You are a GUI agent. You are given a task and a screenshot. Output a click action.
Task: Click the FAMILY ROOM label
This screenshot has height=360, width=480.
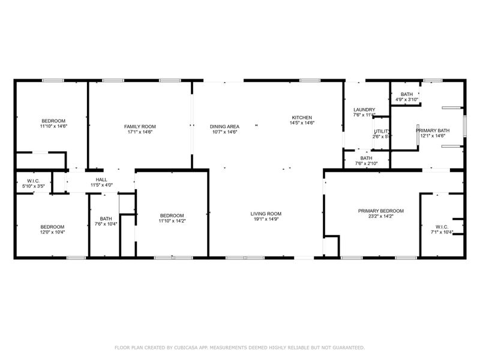pyautogui.click(x=140, y=126)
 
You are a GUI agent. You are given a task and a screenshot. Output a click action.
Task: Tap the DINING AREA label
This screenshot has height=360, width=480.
pyautogui.click(x=224, y=126)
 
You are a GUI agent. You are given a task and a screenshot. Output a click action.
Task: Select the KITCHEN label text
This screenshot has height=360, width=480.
pyautogui.click(x=302, y=117)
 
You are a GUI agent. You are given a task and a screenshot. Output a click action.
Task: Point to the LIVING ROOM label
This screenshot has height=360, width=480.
pyautogui.click(x=266, y=214)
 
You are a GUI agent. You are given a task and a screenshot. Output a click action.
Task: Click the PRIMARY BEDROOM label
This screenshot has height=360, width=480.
pyautogui.click(x=380, y=211)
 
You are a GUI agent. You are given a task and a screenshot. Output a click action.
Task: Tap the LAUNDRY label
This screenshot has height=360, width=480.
pyautogui.click(x=364, y=109)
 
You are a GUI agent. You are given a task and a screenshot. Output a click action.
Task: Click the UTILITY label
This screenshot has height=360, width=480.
pyautogui.click(x=382, y=131)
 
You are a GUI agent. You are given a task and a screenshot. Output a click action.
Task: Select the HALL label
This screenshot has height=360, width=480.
pyautogui.click(x=101, y=179)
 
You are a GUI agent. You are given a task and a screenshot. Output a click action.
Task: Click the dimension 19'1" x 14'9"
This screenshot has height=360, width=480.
pyautogui.click(x=266, y=220)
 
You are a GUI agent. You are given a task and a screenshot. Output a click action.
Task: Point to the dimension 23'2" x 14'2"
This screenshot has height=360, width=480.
pyautogui.click(x=380, y=217)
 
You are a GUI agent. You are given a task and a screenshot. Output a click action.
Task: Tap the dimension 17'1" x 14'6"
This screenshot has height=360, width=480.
pyautogui.click(x=140, y=132)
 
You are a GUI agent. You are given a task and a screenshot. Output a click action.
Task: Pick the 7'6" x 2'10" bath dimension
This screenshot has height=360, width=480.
pyautogui.click(x=366, y=164)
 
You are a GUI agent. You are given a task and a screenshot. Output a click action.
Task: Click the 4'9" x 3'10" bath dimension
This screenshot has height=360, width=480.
pyautogui.click(x=407, y=100)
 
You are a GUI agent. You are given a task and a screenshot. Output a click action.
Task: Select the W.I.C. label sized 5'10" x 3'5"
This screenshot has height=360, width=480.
pyautogui.click(x=33, y=186)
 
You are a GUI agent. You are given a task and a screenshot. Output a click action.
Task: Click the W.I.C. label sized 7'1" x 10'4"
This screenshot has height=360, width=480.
pyautogui.click(x=442, y=232)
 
